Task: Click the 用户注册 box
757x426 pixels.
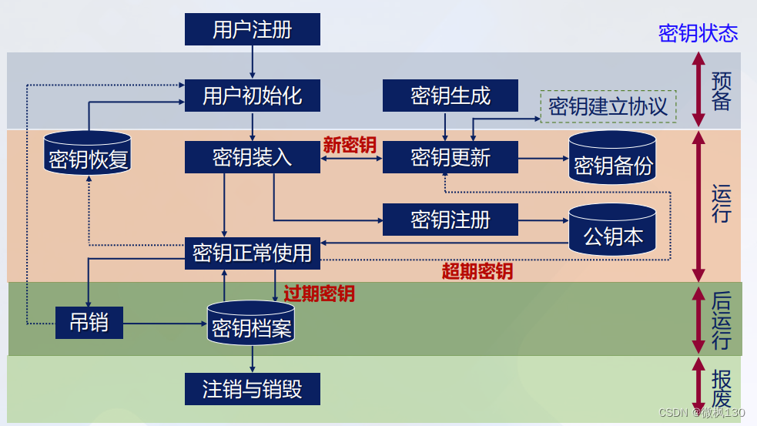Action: pos(252,31)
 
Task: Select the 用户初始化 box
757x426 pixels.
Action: pos(252,96)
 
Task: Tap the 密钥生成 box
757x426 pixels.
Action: pos(451,96)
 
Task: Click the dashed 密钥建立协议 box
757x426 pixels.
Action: pos(608,106)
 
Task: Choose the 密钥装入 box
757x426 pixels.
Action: pos(252,158)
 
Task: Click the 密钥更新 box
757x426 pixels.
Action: pos(451,158)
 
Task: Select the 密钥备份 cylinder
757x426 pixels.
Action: pos(613,161)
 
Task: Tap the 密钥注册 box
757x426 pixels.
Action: pos(451,220)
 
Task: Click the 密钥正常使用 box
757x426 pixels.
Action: pos(252,253)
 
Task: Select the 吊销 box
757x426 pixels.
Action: pos(89,322)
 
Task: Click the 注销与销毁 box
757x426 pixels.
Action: pos(252,388)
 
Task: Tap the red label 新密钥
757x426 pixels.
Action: pos(350,144)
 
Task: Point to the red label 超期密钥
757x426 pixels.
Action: pos(477,271)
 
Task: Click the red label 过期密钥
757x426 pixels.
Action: pos(319,294)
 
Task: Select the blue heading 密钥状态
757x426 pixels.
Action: pos(698,33)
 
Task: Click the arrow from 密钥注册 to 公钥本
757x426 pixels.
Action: pos(543,220)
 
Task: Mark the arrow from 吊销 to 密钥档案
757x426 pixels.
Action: pos(165,323)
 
